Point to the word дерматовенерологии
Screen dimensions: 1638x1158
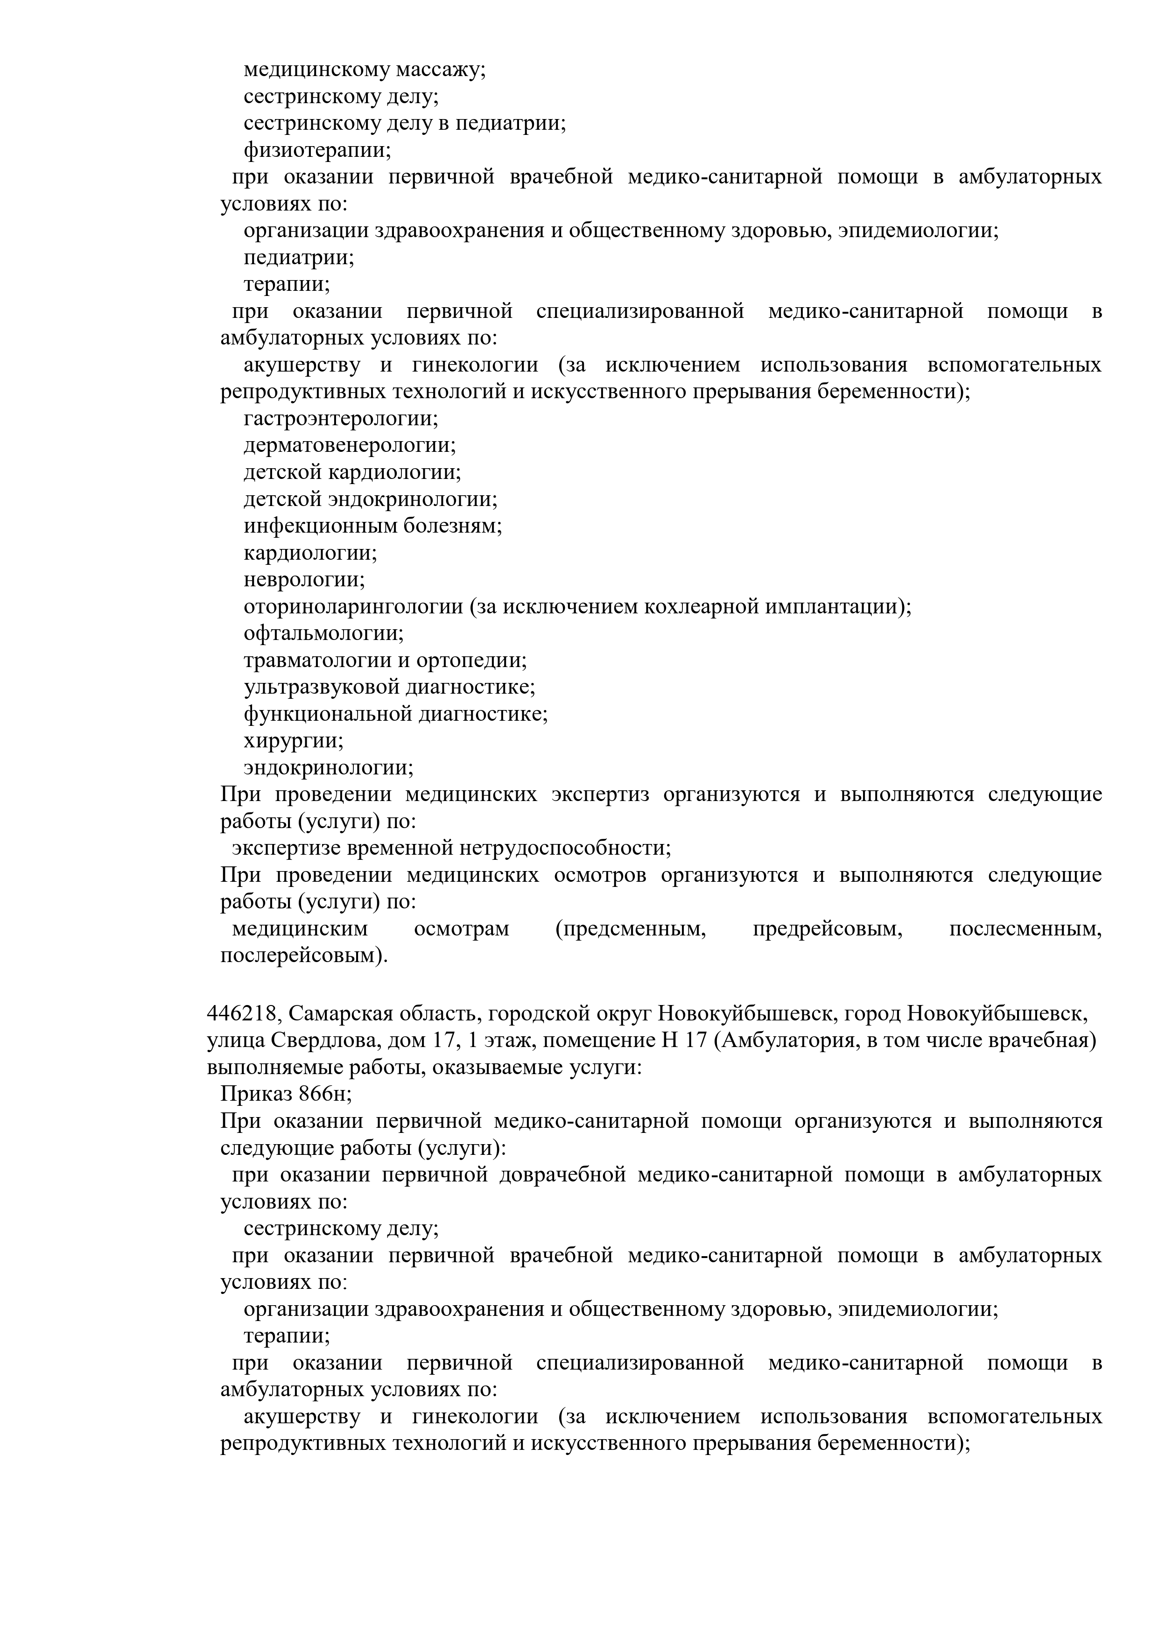(350, 446)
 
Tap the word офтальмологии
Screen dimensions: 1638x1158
(323, 633)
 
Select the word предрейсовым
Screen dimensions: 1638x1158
(827, 929)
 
